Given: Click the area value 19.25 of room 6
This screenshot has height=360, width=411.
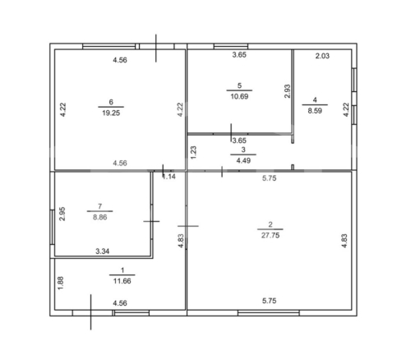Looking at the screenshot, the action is pyautogui.click(x=111, y=113).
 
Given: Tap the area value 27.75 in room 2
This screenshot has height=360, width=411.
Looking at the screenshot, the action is pyautogui.click(x=270, y=235).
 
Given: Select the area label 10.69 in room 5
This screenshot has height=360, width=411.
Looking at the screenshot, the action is pyautogui.click(x=239, y=96).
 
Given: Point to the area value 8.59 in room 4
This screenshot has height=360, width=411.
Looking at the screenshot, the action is pyautogui.click(x=315, y=111).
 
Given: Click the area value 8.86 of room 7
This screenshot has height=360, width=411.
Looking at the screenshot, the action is pyautogui.click(x=99, y=217).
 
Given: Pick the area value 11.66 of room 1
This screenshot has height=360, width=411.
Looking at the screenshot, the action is pyautogui.click(x=122, y=281).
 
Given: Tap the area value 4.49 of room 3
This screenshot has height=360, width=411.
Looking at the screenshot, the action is pyautogui.click(x=243, y=160).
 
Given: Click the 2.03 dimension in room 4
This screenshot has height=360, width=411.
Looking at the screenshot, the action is pyautogui.click(x=322, y=56).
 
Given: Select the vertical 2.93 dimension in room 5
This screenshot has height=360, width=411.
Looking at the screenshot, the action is pyautogui.click(x=287, y=91).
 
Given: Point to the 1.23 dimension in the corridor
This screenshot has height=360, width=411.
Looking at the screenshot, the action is pyautogui.click(x=193, y=153).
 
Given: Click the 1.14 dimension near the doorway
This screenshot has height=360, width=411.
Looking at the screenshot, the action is pyautogui.click(x=169, y=177).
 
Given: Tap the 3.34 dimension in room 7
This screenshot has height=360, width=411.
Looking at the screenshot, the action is pyautogui.click(x=103, y=251).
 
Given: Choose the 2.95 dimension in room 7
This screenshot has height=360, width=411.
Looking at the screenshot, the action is pyautogui.click(x=62, y=214).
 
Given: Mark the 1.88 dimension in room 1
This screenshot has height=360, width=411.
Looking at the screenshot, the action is pyautogui.click(x=61, y=283).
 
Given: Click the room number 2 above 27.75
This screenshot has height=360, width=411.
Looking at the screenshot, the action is pyautogui.click(x=270, y=224).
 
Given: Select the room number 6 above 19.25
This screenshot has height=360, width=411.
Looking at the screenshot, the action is pyautogui.click(x=111, y=102).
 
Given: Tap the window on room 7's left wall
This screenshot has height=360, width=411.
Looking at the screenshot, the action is pyautogui.click(x=53, y=227).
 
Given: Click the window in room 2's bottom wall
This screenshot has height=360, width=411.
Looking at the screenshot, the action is pyautogui.click(x=269, y=313).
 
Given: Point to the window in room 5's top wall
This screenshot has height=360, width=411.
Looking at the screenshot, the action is pyautogui.click(x=231, y=46).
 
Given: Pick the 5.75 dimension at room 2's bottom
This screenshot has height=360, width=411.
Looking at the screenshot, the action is pyautogui.click(x=270, y=301).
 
